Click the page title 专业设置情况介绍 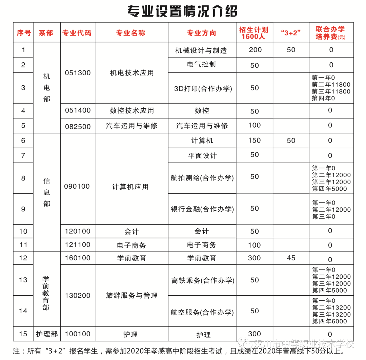(x=182, y=11)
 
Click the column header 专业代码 (x=77, y=33)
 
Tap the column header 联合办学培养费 (x=330, y=33)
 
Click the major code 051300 (x=78, y=73)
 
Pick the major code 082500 (x=78, y=126)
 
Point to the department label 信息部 (x=47, y=192)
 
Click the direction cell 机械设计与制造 (x=201, y=50)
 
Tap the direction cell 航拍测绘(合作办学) (x=202, y=178)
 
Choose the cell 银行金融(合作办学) (x=202, y=209)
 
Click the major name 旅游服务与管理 (x=131, y=296)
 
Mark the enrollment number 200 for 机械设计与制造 (x=255, y=50)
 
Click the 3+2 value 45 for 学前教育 (x=291, y=258)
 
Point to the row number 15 (x=23, y=334)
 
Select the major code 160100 (x=78, y=258)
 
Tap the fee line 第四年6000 (x=329, y=321)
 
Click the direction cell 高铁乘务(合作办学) (x=203, y=280)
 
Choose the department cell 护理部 (x=47, y=334)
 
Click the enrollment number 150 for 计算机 (x=255, y=141)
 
